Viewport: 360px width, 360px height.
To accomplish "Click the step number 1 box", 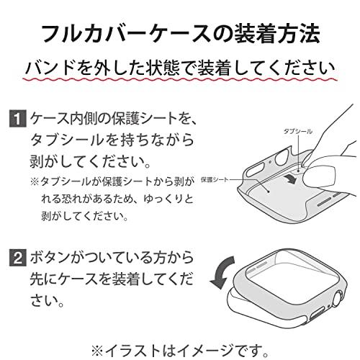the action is click(x=18, y=118).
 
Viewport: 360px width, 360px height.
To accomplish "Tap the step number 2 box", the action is click(x=18, y=257).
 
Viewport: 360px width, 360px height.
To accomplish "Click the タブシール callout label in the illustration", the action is click(x=298, y=131).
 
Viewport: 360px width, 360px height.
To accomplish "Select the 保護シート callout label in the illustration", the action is click(x=214, y=179).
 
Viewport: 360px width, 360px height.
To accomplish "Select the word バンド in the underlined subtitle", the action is click(x=49, y=68).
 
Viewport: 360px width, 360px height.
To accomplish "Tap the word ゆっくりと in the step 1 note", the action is click(x=168, y=199).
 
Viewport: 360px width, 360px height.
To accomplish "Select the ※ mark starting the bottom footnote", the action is click(x=98, y=351).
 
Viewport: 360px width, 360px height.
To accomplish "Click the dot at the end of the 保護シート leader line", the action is click(x=268, y=192).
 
